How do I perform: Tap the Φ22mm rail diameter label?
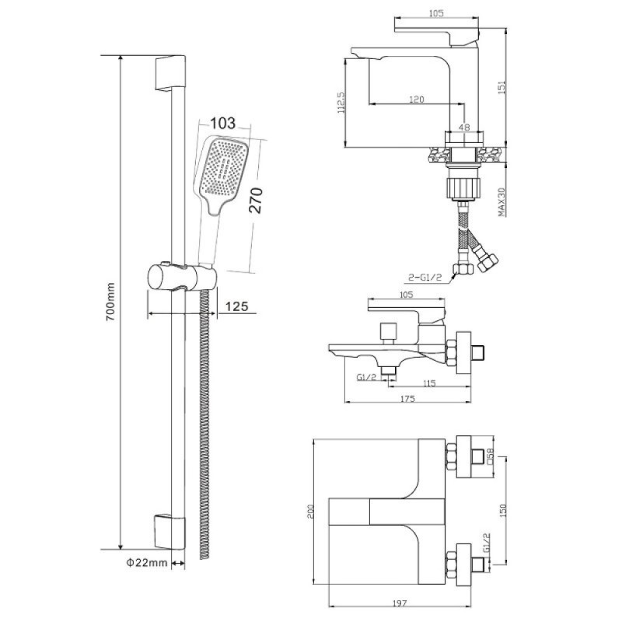point(147,562)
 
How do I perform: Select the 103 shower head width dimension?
point(222,123)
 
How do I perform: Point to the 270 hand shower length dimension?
point(257,201)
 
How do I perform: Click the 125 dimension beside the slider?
point(236,306)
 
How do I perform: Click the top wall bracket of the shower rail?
point(170,74)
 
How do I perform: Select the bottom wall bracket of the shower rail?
point(169,532)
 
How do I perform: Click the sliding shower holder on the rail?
point(182,278)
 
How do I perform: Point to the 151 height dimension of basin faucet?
point(501,88)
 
